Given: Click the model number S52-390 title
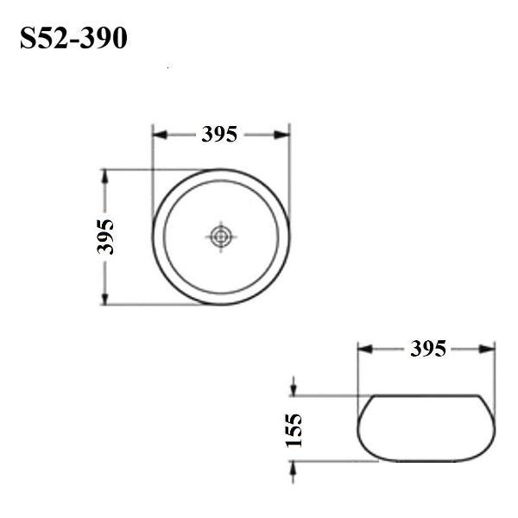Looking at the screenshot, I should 73,39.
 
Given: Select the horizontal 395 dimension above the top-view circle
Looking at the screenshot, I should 220,134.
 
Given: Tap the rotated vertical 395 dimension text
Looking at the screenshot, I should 105,237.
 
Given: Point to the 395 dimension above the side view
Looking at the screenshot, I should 427,349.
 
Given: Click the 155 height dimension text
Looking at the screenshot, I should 294,429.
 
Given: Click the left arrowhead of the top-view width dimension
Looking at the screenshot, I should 159,134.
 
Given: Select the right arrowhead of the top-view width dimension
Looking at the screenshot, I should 283,134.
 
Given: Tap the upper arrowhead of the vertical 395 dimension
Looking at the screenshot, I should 105,175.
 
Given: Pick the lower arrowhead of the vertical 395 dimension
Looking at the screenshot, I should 105,298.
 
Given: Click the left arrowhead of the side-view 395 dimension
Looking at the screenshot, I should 364,349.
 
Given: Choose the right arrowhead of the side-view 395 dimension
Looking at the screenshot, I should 489,349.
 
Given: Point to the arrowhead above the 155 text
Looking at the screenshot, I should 294,390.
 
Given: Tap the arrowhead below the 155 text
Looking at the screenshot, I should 294,466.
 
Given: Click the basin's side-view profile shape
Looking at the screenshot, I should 426,427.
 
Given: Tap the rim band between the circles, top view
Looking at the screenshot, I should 221,175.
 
